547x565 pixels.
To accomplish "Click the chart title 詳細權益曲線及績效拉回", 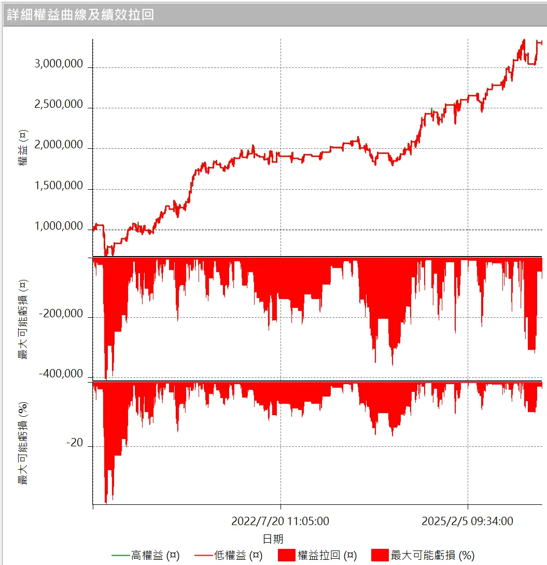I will coord(80,15).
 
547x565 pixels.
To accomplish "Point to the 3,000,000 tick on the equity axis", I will coord(58,64).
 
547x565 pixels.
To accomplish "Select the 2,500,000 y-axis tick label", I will coord(58,105).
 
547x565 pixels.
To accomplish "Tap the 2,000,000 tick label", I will coord(58,145).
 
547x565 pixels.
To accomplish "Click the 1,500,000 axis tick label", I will coord(58,186).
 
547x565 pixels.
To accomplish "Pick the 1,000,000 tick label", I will coord(58,227).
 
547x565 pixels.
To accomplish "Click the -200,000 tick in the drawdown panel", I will coord(61,314).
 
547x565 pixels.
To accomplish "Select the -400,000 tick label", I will coord(61,374).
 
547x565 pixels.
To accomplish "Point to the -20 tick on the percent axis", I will coord(74,443).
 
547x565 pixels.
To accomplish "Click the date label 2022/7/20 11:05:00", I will coord(280,521).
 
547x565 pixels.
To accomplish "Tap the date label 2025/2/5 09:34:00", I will coord(468,521).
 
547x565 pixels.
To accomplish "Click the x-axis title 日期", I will coord(273,539).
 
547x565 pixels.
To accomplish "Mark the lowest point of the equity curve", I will coord(106,255).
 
